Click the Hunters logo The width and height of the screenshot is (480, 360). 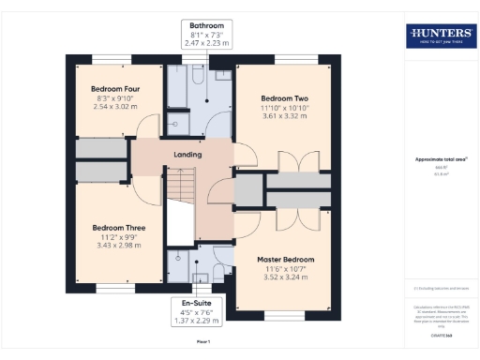pos(440,36)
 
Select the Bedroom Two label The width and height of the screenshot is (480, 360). pos(284,98)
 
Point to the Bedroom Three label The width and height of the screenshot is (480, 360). pos(118,227)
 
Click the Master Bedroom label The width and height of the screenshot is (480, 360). pos(288,259)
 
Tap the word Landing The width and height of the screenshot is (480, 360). pos(187,155)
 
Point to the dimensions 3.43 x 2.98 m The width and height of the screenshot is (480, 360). pos(118,246)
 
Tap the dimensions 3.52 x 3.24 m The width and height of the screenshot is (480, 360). pos(288,277)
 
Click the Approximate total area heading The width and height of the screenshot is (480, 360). pos(440,159)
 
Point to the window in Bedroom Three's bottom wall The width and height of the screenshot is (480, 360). pos(110,289)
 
